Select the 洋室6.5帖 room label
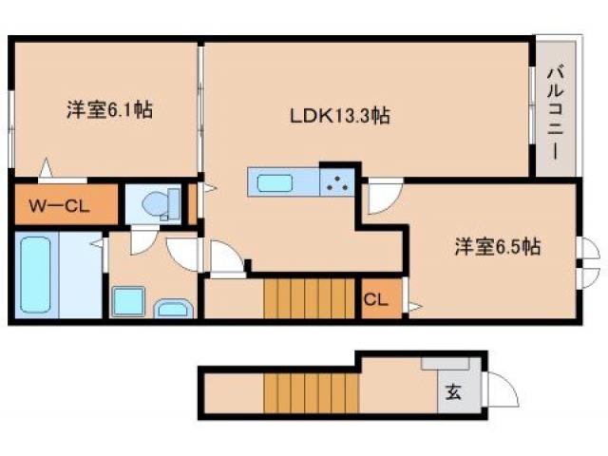click(496, 247)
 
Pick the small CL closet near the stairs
click(375, 300)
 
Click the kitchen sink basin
click(275, 181)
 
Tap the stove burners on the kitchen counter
click(337, 181)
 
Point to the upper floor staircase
click(294, 300)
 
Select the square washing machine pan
click(128, 302)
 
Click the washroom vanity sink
click(174, 308)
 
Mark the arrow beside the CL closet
click(411, 306)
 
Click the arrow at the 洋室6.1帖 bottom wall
click(45, 172)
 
